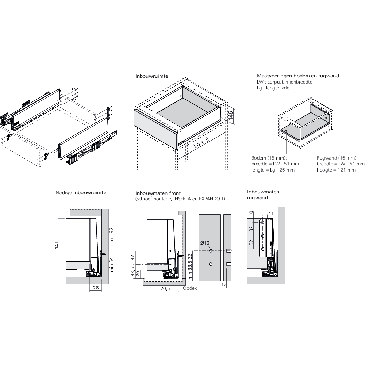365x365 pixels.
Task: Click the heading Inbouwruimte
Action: pos(151,77)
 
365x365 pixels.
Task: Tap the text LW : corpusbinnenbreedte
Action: pos(285,82)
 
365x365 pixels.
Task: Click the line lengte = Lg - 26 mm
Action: pos(273,170)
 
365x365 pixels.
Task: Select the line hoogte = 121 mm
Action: pos(336,170)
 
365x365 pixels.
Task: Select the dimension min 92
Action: pos(112,235)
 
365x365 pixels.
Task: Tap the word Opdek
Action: pos(190,288)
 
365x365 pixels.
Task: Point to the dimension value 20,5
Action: pos(165,288)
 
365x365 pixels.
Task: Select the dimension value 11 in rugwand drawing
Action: pos(271,213)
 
